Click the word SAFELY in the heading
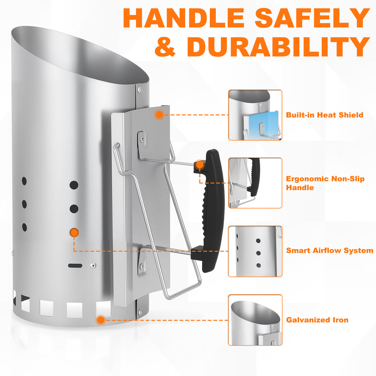tap(312, 18)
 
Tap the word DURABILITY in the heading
tap(278, 47)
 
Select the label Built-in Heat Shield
tap(325, 115)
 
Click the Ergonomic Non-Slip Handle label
tap(325, 183)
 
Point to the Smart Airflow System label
tap(330, 250)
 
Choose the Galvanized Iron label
tap(317, 320)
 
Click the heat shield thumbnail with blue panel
tap(255, 115)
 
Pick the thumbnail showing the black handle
tap(255, 183)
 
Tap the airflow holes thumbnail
tap(255, 251)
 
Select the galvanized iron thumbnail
tap(255, 320)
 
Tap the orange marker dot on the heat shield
tap(159, 115)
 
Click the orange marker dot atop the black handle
tap(199, 165)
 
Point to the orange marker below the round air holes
tap(74, 232)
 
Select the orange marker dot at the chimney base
tap(101, 320)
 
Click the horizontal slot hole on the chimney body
tap(75, 265)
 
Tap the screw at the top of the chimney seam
tap(139, 89)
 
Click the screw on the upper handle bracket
tap(142, 138)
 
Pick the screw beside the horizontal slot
tap(93, 265)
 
